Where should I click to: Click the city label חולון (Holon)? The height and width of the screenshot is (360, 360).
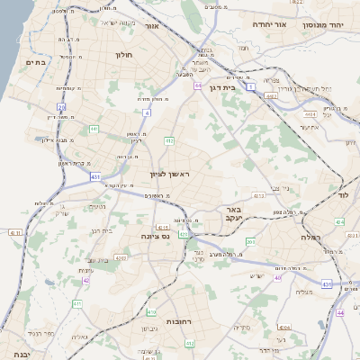pos(123,55)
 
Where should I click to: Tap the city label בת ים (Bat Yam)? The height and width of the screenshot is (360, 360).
pos(36,62)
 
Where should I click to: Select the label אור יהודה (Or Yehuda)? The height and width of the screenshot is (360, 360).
pos(268,24)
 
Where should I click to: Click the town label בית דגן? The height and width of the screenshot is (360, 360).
pos(240,88)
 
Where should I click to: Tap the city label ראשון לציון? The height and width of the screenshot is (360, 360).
pos(171,173)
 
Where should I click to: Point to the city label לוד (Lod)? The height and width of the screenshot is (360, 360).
pos(343,194)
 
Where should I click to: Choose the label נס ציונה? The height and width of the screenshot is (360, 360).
pos(157,236)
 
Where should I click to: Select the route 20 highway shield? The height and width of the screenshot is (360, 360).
pos(61,106)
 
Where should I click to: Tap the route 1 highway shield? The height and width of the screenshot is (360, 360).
pos(253,86)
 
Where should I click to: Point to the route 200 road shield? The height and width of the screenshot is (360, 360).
pos(251,241)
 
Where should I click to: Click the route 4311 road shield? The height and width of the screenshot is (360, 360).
pos(13,232)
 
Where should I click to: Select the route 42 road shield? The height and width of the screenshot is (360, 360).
pos(86,280)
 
